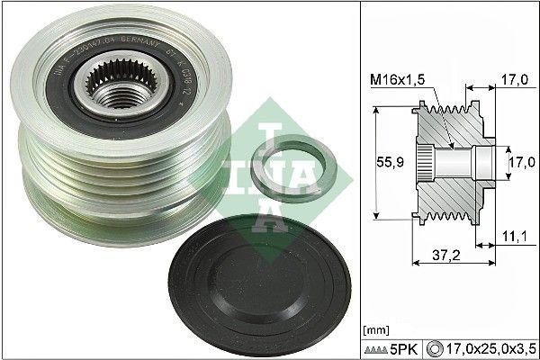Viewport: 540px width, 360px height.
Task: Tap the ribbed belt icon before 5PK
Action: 381,344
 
